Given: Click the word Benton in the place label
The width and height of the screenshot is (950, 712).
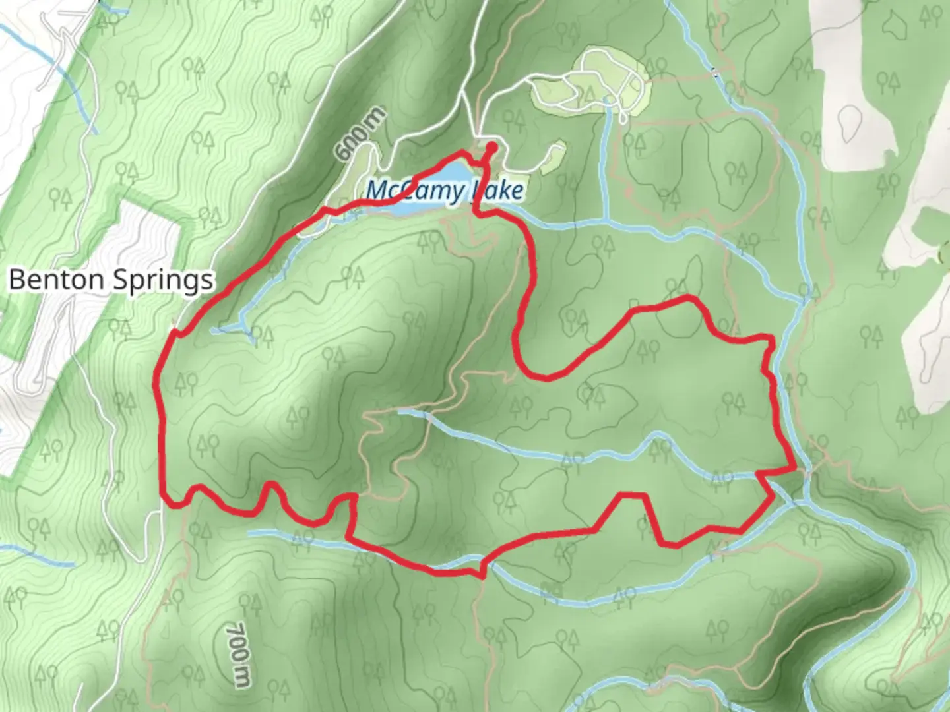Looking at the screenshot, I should pyautogui.click(x=57, y=280).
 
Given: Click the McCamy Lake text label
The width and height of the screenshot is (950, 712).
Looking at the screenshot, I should pyautogui.click(x=445, y=190).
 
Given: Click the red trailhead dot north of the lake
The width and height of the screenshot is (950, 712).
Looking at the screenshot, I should pyautogui.click(x=491, y=146).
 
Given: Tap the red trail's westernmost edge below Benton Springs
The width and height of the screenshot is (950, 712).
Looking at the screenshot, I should pyautogui.click(x=156, y=382).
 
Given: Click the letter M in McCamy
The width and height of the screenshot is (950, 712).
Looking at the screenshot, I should pyautogui.click(x=377, y=190).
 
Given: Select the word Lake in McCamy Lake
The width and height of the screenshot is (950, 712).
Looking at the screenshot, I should pyautogui.click(x=499, y=191).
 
